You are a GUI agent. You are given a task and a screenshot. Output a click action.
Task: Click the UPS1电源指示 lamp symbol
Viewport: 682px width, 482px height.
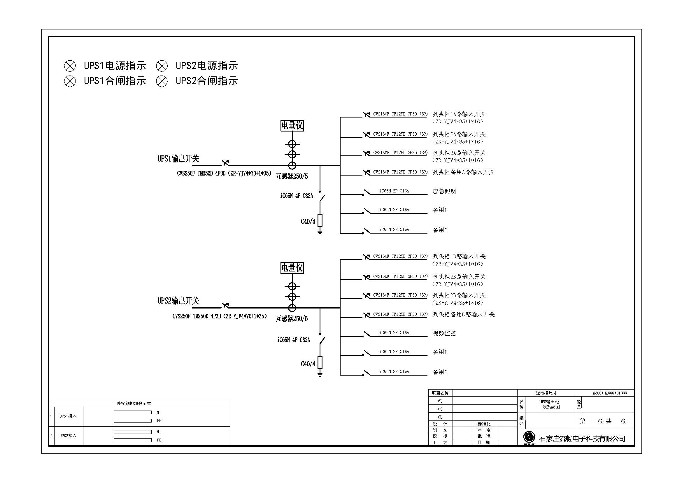click(x=70, y=66)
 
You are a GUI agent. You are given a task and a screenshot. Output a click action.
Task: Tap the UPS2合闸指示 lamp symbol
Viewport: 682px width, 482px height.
click(x=162, y=81)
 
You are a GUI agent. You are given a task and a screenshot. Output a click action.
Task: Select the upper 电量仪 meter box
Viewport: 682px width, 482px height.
click(x=292, y=126)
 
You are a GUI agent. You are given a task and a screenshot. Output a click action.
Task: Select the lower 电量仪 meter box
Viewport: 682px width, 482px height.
click(x=292, y=268)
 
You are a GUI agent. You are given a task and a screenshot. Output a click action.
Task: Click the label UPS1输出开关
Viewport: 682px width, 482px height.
click(x=178, y=159)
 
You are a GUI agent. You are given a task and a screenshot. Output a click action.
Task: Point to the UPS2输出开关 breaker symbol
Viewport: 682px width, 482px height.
click(x=225, y=305)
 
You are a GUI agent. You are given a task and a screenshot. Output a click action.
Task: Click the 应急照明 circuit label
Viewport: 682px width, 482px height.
click(x=444, y=191)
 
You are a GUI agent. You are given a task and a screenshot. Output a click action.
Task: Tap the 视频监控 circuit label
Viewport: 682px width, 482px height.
click(x=444, y=333)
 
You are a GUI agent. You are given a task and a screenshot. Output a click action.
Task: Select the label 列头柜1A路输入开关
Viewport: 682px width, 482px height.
click(x=459, y=114)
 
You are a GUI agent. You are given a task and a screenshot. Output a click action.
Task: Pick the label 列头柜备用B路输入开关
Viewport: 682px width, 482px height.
click(x=464, y=314)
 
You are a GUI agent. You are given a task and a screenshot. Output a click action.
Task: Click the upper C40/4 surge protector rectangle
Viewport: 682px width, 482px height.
click(x=320, y=220)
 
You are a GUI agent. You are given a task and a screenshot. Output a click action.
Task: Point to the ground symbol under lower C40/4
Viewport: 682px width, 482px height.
click(x=320, y=374)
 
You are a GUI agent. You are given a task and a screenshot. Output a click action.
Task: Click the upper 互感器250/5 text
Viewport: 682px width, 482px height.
click(x=292, y=176)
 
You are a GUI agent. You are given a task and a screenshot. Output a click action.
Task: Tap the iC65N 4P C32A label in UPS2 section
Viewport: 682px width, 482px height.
click(x=294, y=340)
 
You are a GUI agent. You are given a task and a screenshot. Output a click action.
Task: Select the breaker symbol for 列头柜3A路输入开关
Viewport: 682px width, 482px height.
click(x=367, y=153)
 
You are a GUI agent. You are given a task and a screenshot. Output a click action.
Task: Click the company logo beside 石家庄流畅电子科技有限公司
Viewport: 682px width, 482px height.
click(x=529, y=437)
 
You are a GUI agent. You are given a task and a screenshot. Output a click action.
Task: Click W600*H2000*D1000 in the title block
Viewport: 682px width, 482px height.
click(x=610, y=393)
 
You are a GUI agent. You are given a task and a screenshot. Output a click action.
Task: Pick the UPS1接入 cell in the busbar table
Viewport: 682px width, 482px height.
click(x=68, y=416)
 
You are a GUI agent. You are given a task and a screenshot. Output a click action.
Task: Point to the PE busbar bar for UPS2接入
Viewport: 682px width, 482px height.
click(x=133, y=440)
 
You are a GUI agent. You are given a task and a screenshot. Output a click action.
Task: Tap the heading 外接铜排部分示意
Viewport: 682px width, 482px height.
click(x=134, y=404)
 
